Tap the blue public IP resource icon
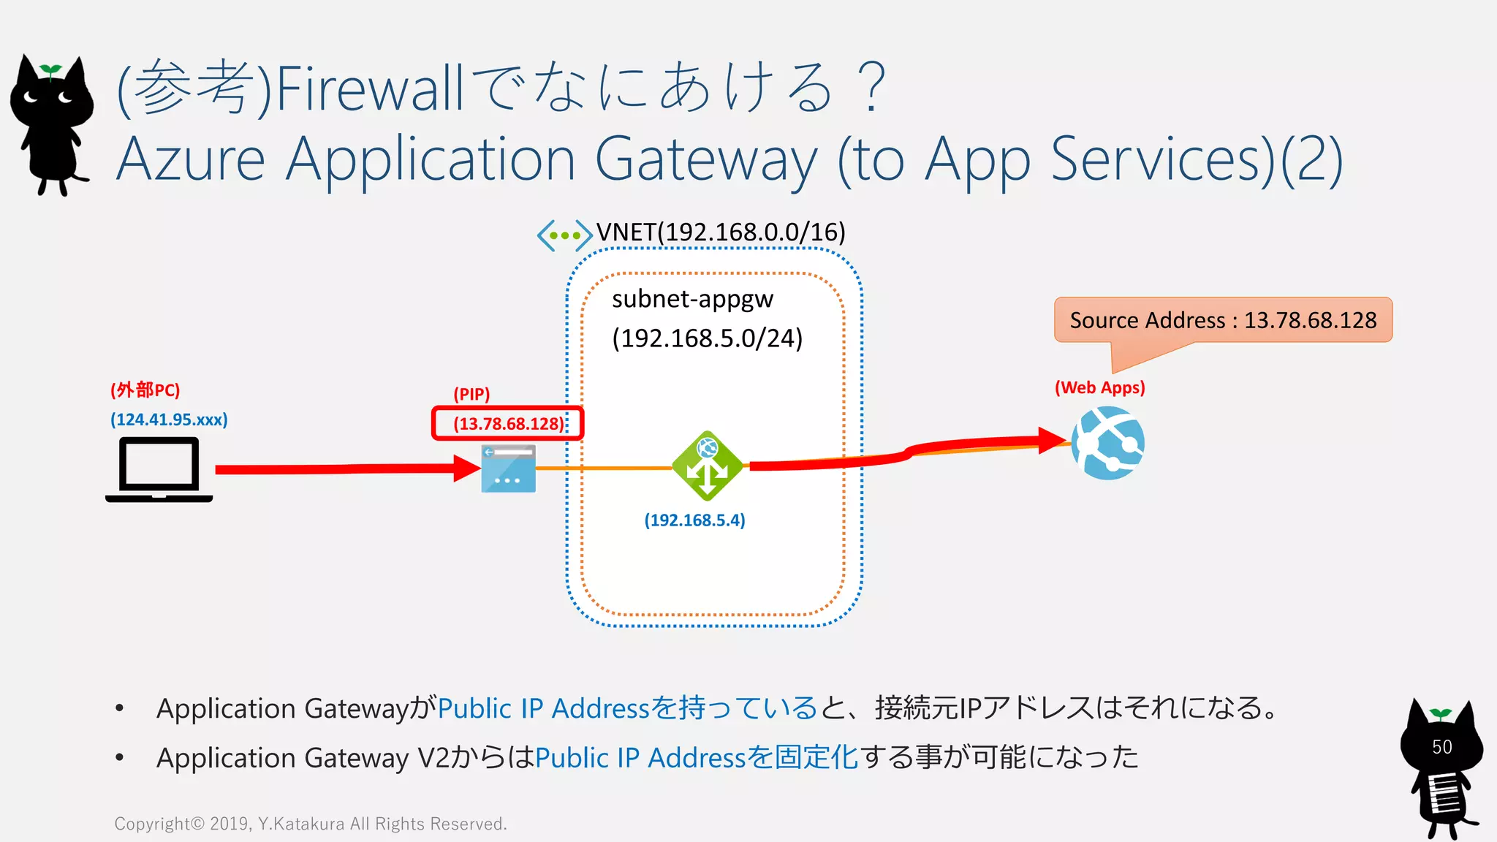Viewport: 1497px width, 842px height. pyautogui.click(x=508, y=469)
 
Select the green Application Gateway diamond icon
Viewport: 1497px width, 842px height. pyautogui.click(x=707, y=466)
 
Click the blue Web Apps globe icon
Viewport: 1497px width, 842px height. pyautogui.click(x=1108, y=443)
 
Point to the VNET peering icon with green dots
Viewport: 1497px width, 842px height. pyautogui.click(x=564, y=235)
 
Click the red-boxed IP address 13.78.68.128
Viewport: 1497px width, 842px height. pyautogui.click(x=508, y=424)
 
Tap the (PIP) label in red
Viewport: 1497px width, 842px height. pyautogui.click(x=471, y=394)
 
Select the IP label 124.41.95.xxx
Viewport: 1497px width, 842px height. pyautogui.click(x=169, y=420)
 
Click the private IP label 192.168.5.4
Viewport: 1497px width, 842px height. pyautogui.click(x=694, y=520)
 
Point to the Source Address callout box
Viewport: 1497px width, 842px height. pyautogui.click(x=1223, y=320)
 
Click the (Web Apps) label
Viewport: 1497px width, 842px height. pyautogui.click(x=1099, y=387)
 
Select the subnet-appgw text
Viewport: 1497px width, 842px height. pyautogui.click(x=692, y=299)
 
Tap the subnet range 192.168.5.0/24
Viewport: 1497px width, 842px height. pyautogui.click(x=707, y=338)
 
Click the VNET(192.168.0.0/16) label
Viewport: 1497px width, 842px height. pyautogui.click(x=721, y=232)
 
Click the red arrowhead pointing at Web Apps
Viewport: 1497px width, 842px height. pyautogui.click(x=1052, y=440)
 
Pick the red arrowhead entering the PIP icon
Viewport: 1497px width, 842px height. pyautogui.click(x=466, y=469)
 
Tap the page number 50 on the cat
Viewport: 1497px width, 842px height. pyautogui.click(x=1441, y=747)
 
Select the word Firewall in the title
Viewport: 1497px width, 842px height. pyautogui.click(x=370, y=88)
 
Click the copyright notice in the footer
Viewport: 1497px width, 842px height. pyautogui.click(x=311, y=824)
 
